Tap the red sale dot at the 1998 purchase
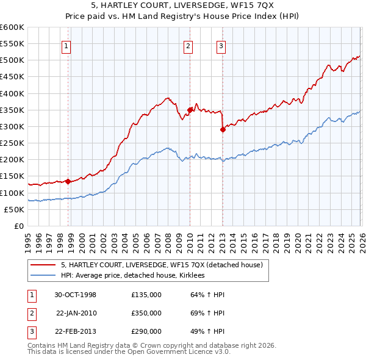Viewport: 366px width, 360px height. (68, 181)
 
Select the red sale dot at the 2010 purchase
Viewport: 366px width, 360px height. (190, 110)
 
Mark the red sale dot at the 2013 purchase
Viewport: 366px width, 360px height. (223, 129)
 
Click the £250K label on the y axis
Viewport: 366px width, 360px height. (12, 143)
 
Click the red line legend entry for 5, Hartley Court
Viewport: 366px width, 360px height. (161, 265)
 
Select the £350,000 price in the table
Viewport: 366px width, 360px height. (146, 313)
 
